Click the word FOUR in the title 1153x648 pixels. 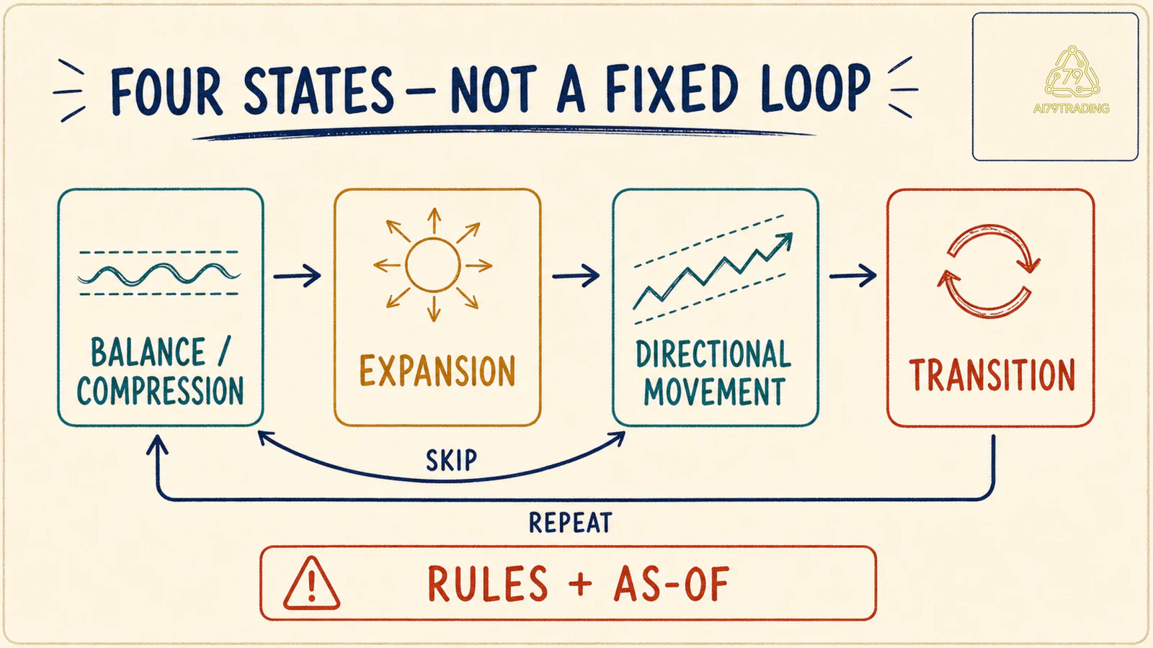[x=166, y=91]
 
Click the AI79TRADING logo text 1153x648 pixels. [x=1071, y=109]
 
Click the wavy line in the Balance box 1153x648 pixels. [x=159, y=274]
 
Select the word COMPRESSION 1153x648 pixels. [x=160, y=391]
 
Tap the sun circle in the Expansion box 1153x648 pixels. [x=432, y=265]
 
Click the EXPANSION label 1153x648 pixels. [x=437, y=370]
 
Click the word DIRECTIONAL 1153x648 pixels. [x=713, y=354]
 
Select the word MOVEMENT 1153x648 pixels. [x=714, y=392]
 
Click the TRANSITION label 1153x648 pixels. [x=992, y=375]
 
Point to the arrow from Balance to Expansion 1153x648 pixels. [x=297, y=276]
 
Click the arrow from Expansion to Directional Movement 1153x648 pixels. [x=576, y=276]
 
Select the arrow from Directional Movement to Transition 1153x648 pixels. [x=853, y=276]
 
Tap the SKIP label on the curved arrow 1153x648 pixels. [x=451, y=460]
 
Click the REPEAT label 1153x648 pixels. [x=570, y=523]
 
